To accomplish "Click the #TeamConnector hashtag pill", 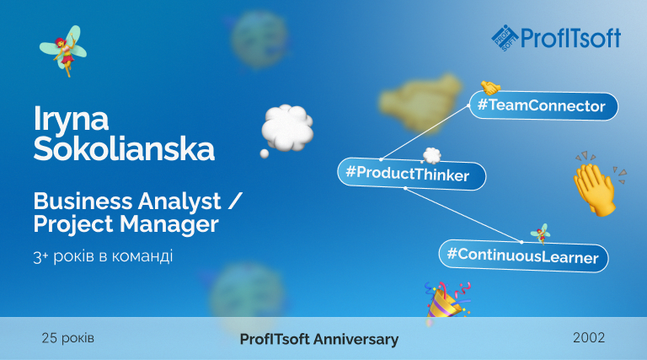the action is pyautogui.click(x=543, y=105).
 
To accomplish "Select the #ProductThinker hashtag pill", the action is pyautogui.click(x=412, y=174).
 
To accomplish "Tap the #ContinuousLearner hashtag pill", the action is pyautogui.click(x=523, y=255).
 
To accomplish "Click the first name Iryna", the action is pyautogui.click(x=71, y=120).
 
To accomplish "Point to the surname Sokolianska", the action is pyautogui.click(x=124, y=148).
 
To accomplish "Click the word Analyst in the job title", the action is pyautogui.click(x=179, y=201).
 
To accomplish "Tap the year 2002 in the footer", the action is pyautogui.click(x=589, y=338).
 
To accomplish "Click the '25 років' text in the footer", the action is pyautogui.click(x=67, y=338).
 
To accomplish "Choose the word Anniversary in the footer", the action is pyautogui.click(x=356, y=340).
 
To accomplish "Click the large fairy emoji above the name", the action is pyautogui.click(x=63, y=51).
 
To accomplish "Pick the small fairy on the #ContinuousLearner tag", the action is pyautogui.click(x=541, y=234).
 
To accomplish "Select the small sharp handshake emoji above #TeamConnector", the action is pyautogui.click(x=490, y=87).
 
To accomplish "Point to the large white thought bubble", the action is pyautogui.click(x=286, y=129).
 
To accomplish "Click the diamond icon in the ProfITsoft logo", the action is pyautogui.click(x=505, y=38).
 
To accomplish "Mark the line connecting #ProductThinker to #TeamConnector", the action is pyautogui.click(x=425, y=132).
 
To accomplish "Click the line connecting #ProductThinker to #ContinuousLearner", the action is pyautogui.click(x=463, y=215).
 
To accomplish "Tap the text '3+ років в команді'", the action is pyautogui.click(x=103, y=256).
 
